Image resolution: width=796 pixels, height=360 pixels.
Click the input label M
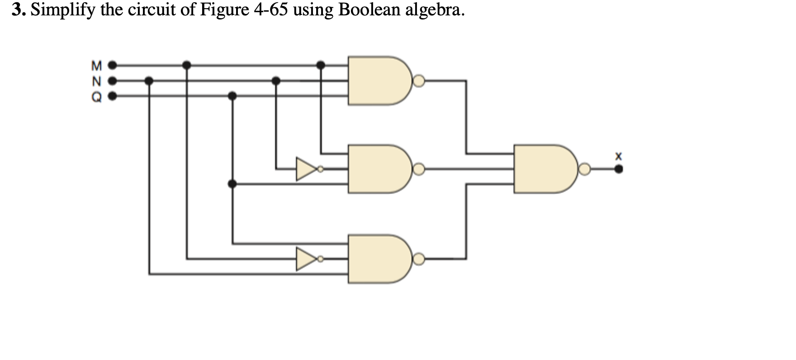click(x=96, y=66)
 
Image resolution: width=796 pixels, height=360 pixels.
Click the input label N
click(x=96, y=82)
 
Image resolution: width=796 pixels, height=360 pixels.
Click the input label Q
click(x=96, y=96)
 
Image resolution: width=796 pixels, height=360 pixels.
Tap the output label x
click(x=618, y=156)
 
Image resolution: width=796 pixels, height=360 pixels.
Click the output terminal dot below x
click(x=618, y=170)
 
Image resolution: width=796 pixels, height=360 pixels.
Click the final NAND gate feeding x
click(x=543, y=169)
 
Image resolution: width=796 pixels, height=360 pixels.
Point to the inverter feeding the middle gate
click(x=306, y=169)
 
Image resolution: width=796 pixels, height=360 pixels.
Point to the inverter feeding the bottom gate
click(x=306, y=259)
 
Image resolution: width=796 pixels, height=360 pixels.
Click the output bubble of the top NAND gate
click(x=419, y=81)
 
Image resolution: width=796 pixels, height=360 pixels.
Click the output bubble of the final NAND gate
click(x=584, y=170)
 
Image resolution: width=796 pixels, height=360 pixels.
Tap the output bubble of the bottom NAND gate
click(x=419, y=259)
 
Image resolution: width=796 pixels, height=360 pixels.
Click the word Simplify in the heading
click(x=63, y=10)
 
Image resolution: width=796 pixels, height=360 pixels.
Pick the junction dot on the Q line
click(x=232, y=96)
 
